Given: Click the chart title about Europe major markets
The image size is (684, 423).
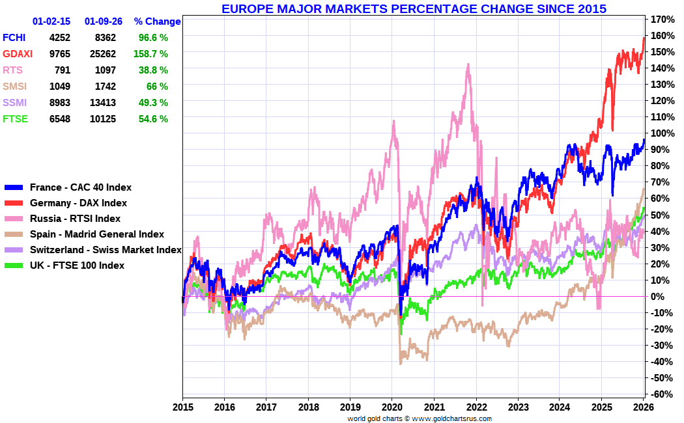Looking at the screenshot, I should (x=414, y=9).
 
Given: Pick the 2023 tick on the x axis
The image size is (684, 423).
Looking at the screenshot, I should (x=518, y=407).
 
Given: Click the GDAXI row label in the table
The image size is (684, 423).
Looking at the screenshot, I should (x=18, y=54).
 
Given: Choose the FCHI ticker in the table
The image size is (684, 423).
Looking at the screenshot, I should (x=15, y=38).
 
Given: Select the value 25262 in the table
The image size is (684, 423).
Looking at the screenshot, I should (x=100, y=54).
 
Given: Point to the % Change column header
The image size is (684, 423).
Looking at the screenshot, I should (x=157, y=21).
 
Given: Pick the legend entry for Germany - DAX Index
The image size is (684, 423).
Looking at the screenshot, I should (x=78, y=203).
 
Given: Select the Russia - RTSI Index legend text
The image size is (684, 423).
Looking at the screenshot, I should (x=75, y=219).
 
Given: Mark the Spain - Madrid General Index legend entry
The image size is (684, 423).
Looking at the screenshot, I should (x=97, y=234).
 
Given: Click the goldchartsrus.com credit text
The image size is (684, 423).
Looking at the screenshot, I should (x=420, y=418).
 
